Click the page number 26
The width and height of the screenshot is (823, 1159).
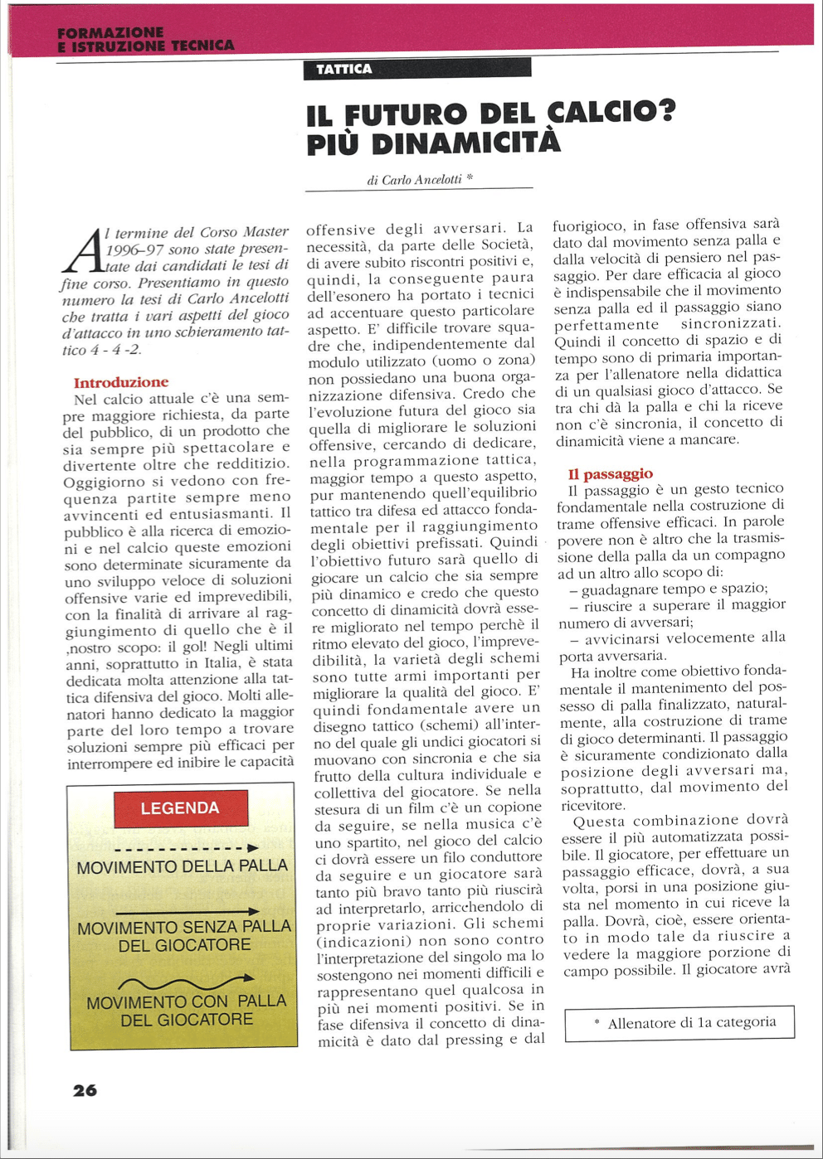[85, 1090]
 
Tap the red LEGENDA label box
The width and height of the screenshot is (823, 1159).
[180, 808]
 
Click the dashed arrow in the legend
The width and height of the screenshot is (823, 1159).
[186, 848]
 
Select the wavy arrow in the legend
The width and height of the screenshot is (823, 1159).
[186, 983]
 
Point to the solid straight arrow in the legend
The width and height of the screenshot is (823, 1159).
[186, 912]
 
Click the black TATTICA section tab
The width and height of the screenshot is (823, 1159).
[417, 69]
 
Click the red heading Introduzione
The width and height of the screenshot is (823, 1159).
[121, 382]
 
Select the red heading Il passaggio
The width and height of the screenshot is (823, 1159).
[610, 473]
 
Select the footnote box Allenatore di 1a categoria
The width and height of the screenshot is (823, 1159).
[679, 1023]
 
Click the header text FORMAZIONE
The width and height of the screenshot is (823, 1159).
[110, 32]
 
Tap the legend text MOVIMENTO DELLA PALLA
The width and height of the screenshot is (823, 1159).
[183, 867]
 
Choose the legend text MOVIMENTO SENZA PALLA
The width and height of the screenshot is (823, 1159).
[184, 928]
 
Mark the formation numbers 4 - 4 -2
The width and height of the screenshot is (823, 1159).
[114, 350]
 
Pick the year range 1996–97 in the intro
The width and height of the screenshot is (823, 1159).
[135, 249]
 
